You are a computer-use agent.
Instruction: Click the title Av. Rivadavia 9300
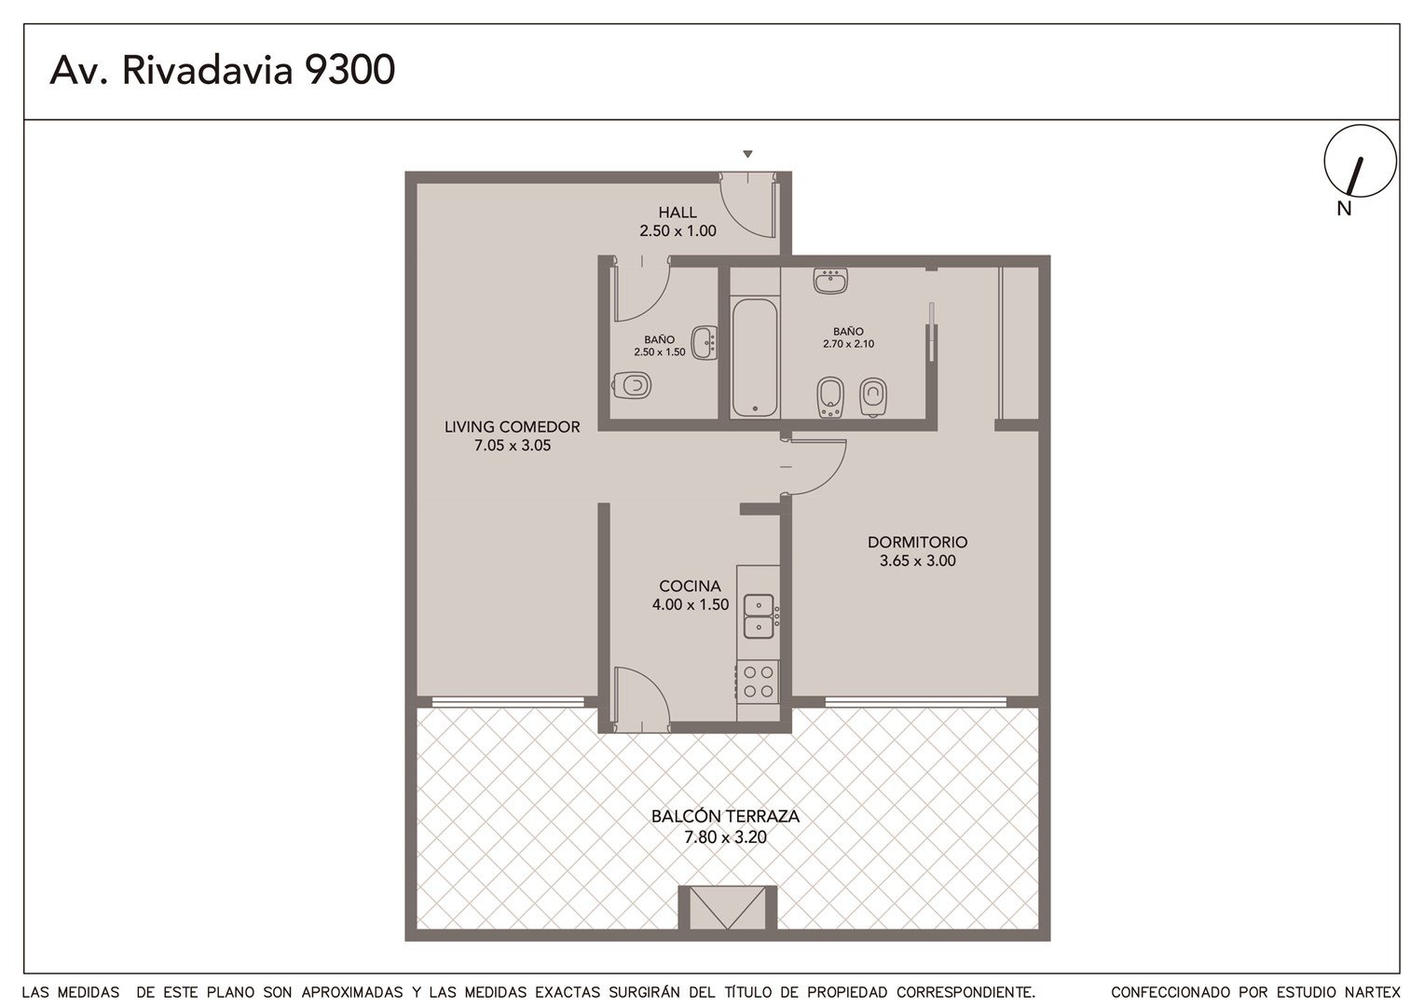tap(223, 70)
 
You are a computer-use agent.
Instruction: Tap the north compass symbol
tap(1360, 161)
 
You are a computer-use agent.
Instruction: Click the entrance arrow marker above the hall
tap(747, 154)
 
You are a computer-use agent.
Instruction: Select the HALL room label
tap(677, 212)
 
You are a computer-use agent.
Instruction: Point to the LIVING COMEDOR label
tap(512, 427)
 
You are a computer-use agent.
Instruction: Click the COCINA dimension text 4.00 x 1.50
tap(691, 604)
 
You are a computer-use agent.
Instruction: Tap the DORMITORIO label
tap(917, 542)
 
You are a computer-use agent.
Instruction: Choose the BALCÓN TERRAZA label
tap(725, 816)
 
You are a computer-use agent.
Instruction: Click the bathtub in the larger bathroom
tap(755, 357)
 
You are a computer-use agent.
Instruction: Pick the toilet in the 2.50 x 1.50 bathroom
tap(632, 385)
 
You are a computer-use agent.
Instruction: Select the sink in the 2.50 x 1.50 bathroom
tap(705, 343)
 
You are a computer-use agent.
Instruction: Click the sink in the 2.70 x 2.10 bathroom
tap(830, 281)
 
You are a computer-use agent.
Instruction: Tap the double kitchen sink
tap(759, 616)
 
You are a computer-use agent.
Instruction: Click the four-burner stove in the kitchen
tap(758, 682)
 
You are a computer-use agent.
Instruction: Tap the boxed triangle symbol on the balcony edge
tap(727, 908)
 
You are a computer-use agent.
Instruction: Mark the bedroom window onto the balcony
tap(915, 702)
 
